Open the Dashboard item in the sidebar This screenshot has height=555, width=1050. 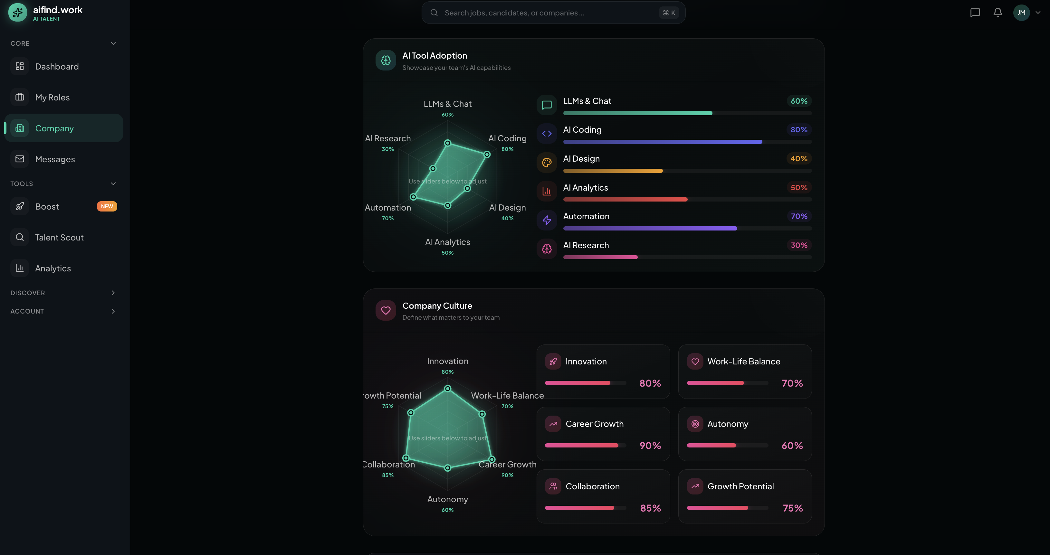point(57,66)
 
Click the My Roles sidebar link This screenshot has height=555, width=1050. point(52,98)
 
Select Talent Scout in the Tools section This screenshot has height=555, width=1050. point(59,238)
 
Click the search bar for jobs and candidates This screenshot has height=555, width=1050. point(546,13)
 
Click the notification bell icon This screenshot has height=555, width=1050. point(997,13)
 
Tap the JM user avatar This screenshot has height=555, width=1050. point(1021,13)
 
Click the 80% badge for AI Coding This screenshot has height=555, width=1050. point(798,130)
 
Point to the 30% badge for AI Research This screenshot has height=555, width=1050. point(798,245)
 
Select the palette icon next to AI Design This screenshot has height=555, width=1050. point(547,163)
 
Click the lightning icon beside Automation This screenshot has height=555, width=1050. point(547,221)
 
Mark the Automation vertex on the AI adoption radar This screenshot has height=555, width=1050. point(413,197)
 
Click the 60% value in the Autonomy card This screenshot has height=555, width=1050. point(792,446)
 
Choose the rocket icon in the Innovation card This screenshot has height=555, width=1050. point(553,362)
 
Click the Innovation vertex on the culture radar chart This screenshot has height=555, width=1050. point(448,388)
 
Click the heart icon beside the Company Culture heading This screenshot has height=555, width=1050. point(386,311)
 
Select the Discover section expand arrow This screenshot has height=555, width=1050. point(113,293)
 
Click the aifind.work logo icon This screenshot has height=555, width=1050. point(17,13)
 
